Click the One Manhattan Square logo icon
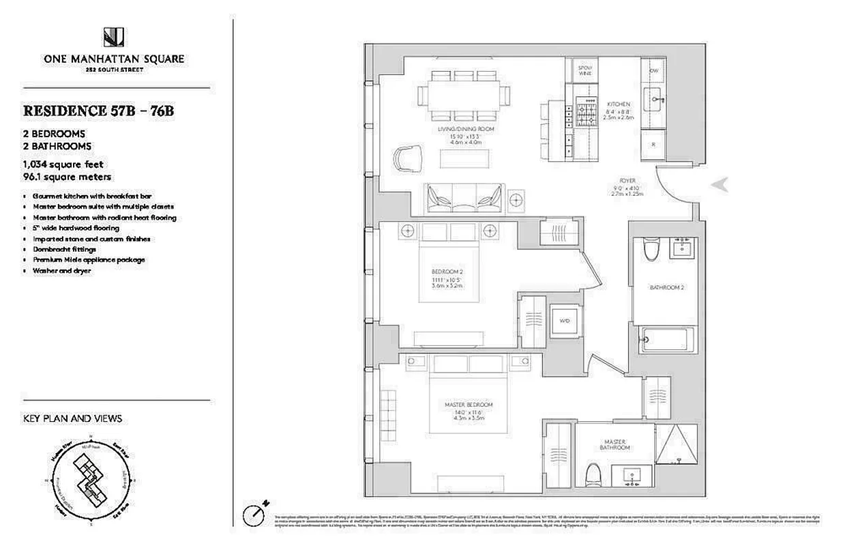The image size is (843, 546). pos(113,37)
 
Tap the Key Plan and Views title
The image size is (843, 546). pos(73,418)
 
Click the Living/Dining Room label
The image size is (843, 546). pos(466,128)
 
